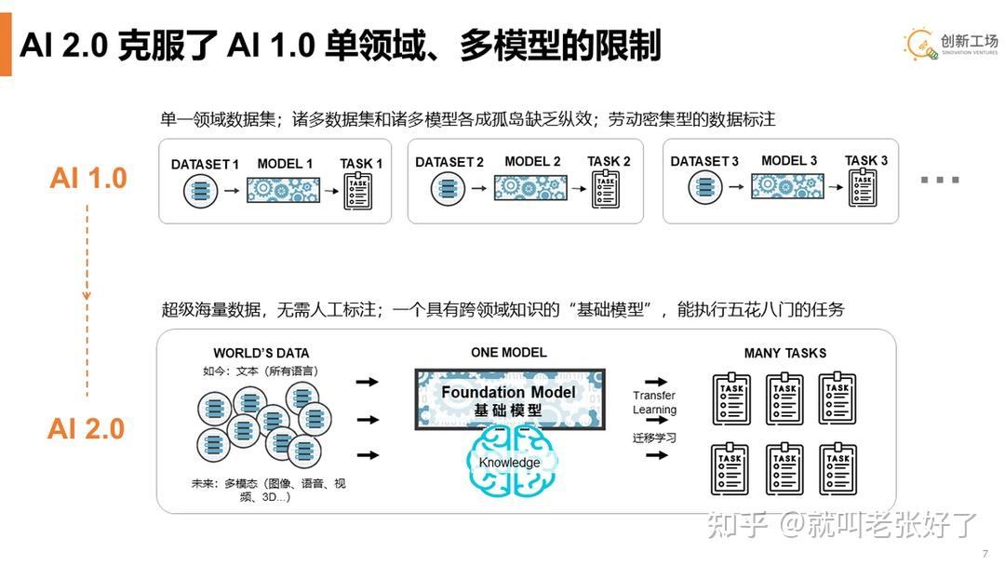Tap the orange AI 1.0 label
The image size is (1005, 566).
[x=88, y=178]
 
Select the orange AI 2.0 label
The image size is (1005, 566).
[x=87, y=428]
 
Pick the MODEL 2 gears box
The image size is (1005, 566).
[x=530, y=188]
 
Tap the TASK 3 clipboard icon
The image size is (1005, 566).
[x=863, y=188]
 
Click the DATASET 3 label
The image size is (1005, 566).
[x=704, y=161]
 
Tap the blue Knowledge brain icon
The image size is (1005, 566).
[x=510, y=462]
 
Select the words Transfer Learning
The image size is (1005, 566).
[x=655, y=402]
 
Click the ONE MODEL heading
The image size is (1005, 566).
[x=509, y=352]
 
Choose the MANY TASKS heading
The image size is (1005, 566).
[x=784, y=353]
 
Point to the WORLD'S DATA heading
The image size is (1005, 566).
[x=261, y=353]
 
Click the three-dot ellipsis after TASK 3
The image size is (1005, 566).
[x=939, y=179]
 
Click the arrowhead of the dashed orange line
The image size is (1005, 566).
[x=87, y=295]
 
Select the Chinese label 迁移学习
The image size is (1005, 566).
[x=655, y=438]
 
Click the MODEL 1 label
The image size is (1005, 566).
[x=285, y=164]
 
